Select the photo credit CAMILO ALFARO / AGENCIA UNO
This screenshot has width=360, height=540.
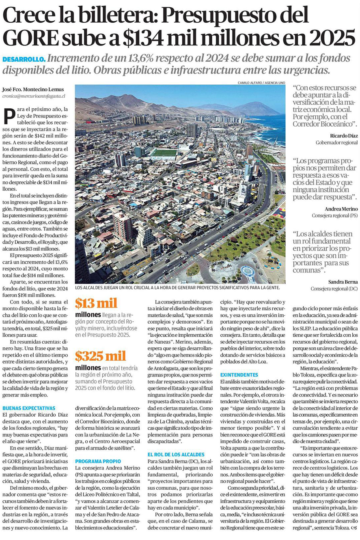tap(261, 83)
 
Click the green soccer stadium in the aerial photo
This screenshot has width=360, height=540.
tap(164, 153)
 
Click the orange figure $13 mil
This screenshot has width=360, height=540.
tap(96, 303)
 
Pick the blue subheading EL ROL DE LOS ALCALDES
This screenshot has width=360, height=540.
tap(176, 454)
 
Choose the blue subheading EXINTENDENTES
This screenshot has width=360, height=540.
tap(239, 374)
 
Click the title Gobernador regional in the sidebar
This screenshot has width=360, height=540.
tap(336, 143)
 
